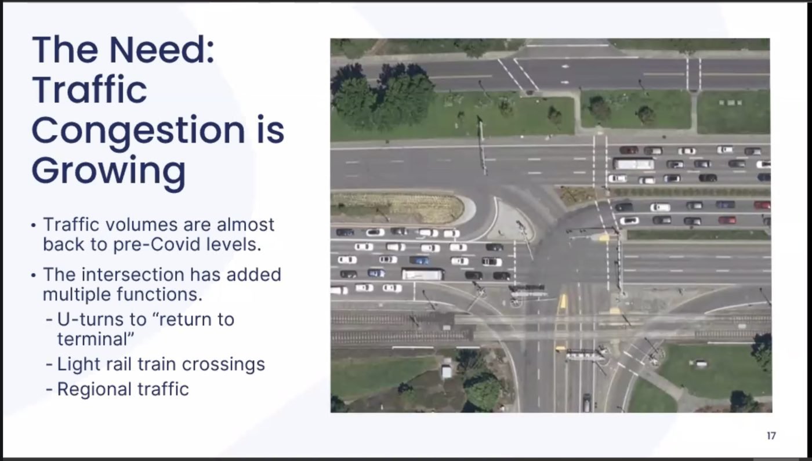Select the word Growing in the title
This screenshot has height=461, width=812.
(109, 173)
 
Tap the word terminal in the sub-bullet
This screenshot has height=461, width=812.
(93, 339)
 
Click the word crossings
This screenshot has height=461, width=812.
(223, 364)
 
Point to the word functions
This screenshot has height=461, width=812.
(159, 295)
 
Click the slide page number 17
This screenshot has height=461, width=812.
(771, 435)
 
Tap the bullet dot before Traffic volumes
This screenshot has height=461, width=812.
(34, 226)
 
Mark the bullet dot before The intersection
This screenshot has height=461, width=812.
(34, 275)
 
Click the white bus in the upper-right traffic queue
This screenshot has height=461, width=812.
(633, 164)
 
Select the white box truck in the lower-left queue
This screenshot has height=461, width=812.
(423, 274)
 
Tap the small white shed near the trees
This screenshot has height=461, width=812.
(446, 372)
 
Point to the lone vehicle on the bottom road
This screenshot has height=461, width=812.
(586, 402)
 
